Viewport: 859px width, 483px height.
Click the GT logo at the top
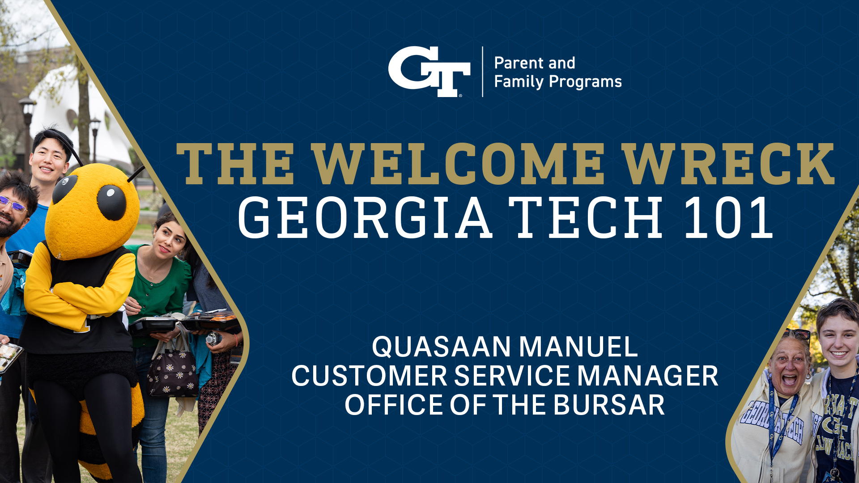pos(429,72)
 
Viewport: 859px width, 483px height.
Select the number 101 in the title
pos(729,218)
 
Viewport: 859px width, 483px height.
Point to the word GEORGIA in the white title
pos(365,218)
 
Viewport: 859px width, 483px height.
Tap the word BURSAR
pos(609,405)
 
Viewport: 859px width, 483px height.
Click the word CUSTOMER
pos(369,376)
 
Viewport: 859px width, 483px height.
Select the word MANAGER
pos(648,376)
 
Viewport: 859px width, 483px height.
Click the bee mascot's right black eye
pos(111,202)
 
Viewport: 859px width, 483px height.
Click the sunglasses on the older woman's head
pos(796,334)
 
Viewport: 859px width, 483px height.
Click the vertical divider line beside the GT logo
pos(482,72)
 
